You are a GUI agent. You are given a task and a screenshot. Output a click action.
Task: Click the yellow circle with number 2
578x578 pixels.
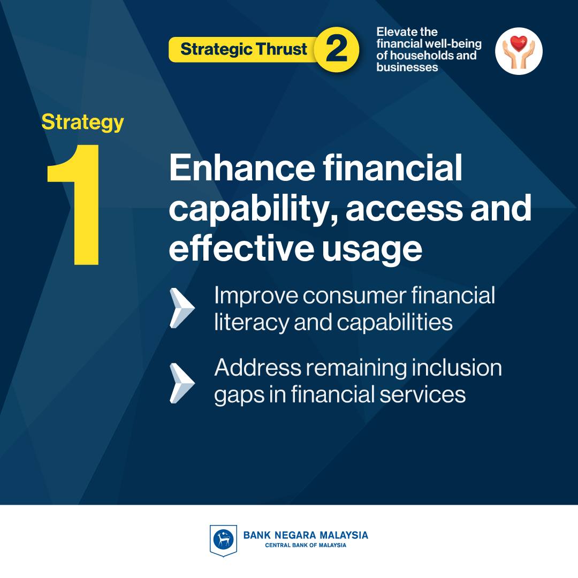tap(337, 49)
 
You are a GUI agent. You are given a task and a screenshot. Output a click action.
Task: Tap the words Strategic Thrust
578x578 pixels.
tap(244, 49)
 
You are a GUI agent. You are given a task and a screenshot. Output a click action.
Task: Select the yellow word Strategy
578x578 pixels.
tap(82, 123)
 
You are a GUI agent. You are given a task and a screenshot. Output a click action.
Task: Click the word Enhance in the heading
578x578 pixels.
tap(242, 168)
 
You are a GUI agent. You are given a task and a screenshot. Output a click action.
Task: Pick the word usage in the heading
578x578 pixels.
tap(372, 250)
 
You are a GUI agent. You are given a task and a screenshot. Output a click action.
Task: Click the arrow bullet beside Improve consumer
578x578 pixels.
tap(182, 308)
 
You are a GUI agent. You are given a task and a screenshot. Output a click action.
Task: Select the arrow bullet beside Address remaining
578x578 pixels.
tap(182, 383)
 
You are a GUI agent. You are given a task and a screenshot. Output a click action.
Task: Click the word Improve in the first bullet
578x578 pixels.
tap(256, 296)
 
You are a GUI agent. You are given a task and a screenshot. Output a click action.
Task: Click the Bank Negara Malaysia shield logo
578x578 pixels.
tap(223, 541)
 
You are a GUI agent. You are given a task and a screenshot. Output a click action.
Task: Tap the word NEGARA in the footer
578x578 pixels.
tap(295, 535)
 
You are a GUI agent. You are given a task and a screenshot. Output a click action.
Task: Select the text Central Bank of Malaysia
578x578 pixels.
tap(306, 545)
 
